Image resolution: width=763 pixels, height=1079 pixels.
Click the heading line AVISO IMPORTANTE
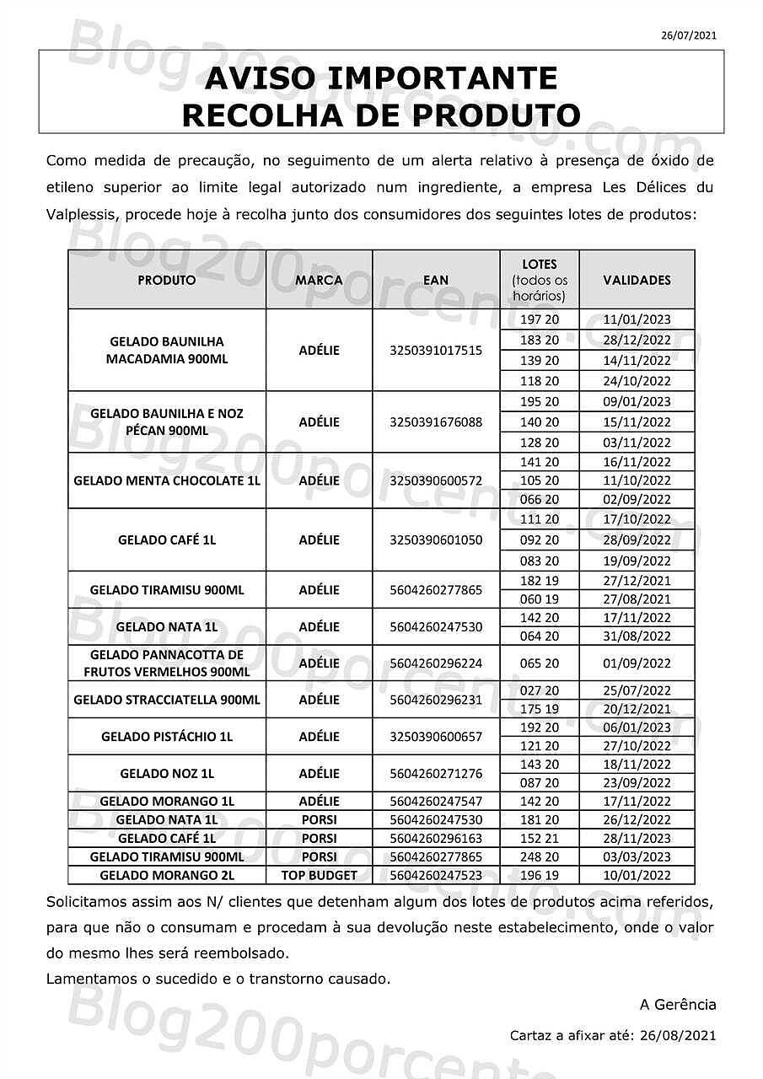click(381, 78)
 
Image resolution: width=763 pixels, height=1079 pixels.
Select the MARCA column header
click(319, 280)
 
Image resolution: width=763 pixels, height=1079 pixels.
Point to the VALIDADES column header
click(637, 280)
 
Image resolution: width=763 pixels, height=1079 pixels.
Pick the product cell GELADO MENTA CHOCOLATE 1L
click(167, 480)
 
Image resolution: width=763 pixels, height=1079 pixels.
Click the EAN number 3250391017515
click(436, 350)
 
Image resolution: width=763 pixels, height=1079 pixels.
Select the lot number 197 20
click(540, 319)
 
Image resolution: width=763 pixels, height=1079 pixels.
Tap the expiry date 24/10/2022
click(637, 381)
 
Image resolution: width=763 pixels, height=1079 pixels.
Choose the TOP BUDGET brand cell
click(319, 875)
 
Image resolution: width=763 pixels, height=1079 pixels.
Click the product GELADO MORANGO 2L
click(167, 875)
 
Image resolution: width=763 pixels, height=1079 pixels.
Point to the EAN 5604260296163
click(436, 838)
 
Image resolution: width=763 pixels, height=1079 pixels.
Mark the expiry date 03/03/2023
click(637, 856)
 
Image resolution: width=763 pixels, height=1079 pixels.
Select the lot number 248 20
click(540, 856)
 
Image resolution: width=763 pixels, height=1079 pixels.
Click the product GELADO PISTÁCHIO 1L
click(167, 736)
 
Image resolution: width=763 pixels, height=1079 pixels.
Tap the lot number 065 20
click(540, 663)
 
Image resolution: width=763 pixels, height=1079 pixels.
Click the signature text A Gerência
click(678, 1004)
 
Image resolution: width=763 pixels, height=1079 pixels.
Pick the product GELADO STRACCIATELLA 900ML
click(167, 700)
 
